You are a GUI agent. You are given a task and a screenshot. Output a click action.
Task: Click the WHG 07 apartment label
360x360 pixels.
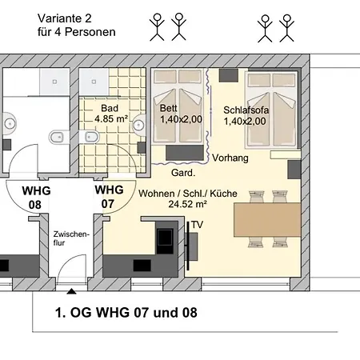[x=109, y=197]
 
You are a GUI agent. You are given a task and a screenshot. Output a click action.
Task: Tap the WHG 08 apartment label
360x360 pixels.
[x=36, y=198]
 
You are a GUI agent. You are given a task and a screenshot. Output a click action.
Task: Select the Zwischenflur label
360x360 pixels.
[x=71, y=238]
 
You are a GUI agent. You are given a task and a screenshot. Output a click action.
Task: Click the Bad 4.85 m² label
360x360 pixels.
[x=110, y=114]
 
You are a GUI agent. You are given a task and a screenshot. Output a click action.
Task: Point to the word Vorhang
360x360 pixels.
[x=230, y=158]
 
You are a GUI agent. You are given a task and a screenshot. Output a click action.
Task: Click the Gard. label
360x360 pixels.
[x=183, y=173]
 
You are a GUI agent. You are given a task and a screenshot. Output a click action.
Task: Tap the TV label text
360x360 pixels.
[x=197, y=225]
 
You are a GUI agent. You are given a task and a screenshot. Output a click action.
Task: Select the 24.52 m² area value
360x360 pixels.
[x=187, y=204]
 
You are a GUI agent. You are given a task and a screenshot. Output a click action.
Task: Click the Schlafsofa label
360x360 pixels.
[x=246, y=110]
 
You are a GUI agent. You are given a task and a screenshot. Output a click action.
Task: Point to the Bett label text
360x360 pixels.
[x=168, y=108]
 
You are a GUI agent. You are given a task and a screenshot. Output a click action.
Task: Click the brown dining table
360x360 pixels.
[x=267, y=220]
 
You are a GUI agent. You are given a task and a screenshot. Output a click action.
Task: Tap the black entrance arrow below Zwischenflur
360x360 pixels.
[x=71, y=291]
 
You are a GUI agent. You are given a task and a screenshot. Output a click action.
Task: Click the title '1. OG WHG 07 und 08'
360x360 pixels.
[x=126, y=312]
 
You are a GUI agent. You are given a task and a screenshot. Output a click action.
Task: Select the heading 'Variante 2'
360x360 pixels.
[x=65, y=18]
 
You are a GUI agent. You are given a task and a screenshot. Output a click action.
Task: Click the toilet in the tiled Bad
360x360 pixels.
[x=90, y=137]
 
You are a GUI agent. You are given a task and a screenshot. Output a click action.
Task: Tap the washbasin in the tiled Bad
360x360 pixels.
[x=139, y=124]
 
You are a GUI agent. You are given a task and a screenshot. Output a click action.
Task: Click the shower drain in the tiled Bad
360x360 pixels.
[x=94, y=82]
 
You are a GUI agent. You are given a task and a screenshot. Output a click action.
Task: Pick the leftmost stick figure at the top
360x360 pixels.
[x=157, y=27]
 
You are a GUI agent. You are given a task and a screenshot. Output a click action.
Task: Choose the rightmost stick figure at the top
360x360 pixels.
[x=287, y=28]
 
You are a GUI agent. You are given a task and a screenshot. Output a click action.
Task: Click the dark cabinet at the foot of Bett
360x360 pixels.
[x=185, y=153]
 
